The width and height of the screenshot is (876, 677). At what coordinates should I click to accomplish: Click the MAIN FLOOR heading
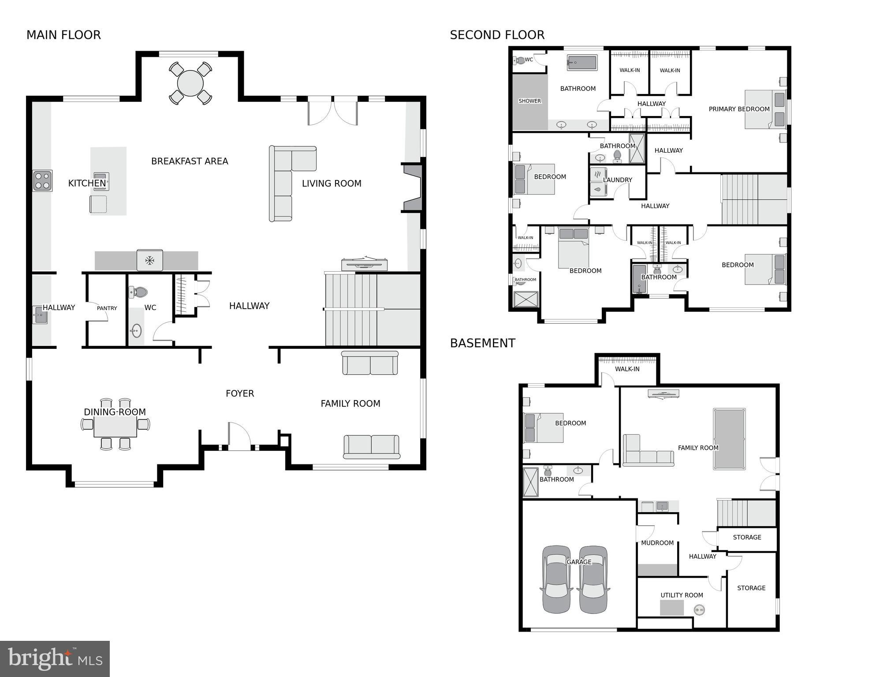click(63, 35)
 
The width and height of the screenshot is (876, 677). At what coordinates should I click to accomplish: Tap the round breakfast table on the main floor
click(190, 83)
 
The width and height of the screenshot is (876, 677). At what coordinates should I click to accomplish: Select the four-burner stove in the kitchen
click(42, 181)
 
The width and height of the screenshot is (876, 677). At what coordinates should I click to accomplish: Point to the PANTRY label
click(107, 308)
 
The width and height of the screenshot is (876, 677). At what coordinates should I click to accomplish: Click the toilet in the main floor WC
click(139, 292)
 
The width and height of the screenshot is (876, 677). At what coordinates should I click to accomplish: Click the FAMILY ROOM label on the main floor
click(350, 404)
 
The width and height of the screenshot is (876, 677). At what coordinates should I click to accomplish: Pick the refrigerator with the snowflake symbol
click(150, 260)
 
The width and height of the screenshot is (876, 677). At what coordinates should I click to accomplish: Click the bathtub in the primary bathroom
click(582, 63)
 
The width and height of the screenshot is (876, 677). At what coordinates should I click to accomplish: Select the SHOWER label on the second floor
click(529, 101)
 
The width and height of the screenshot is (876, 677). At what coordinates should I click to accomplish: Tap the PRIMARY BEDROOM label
click(739, 109)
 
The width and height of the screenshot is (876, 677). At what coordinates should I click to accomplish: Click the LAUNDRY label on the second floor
click(617, 180)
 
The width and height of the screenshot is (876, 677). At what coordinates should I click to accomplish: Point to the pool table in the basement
click(729, 439)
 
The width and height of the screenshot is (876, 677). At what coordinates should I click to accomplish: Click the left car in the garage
click(556, 580)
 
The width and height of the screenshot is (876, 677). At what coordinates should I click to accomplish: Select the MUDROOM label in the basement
click(657, 543)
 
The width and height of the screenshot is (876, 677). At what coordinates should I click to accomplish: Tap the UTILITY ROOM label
click(682, 595)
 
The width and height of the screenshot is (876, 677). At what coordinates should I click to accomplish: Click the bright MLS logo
click(55, 659)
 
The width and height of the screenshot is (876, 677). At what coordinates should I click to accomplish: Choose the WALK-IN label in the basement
click(627, 369)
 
